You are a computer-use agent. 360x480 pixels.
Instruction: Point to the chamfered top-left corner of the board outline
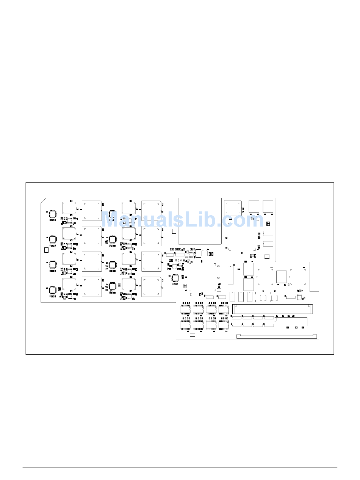click(43, 201)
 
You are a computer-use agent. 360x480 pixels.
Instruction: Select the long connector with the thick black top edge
click(272, 309)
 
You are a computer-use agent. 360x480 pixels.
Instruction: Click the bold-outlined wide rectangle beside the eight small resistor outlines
click(291, 322)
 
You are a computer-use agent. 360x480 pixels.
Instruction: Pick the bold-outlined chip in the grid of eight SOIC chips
click(224, 325)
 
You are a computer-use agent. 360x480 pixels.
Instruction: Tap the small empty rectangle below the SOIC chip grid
click(193, 335)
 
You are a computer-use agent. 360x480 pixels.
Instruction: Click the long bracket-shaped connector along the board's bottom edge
click(277, 336)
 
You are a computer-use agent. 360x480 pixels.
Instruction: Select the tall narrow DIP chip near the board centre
click(230, 275)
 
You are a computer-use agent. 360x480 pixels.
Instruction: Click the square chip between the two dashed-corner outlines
click(282, 277)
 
